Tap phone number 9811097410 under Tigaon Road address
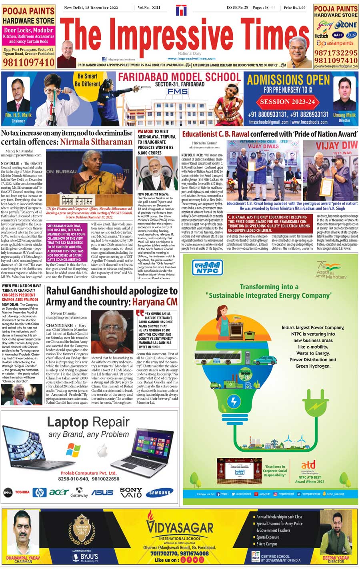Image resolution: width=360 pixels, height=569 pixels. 28,62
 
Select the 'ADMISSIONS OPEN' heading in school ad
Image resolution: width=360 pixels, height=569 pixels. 288,79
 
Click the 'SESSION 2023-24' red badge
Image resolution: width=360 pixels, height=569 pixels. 288,102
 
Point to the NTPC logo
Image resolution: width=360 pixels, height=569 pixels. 207,268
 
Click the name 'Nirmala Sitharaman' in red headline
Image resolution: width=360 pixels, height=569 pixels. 96,142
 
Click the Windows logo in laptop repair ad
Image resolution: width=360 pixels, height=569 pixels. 73,450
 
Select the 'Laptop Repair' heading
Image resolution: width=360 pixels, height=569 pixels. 88,422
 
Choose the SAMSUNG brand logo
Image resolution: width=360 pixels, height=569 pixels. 159,493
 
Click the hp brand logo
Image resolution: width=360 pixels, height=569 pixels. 39,493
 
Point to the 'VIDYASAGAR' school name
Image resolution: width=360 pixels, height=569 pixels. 180,526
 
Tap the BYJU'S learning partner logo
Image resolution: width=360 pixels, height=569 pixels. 85,557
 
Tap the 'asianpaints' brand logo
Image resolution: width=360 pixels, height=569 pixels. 336,43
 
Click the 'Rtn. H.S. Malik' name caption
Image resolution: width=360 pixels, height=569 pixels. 18,116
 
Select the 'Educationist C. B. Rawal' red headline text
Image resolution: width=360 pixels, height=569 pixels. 215,134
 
